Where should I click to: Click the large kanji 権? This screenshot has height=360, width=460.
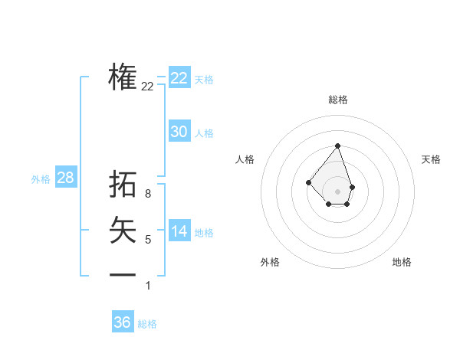point(123,77)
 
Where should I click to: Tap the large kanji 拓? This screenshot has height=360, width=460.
point(123,185)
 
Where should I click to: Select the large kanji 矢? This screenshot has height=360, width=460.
point(123,230)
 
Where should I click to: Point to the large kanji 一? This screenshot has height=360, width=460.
point(123,274)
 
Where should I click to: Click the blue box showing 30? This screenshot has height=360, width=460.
point(179,132)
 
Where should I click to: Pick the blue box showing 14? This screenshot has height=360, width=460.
point(179,231)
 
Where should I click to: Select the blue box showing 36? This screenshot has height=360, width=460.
point(123,322)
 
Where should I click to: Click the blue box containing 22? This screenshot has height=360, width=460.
point(179,78)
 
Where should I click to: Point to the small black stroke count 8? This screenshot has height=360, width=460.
point(148,194)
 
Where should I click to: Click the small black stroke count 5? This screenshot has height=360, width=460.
point(148,240)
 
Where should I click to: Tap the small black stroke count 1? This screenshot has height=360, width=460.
point(148,286)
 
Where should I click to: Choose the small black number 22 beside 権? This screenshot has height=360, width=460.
point(148,87)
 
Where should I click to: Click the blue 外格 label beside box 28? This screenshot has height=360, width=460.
point(41,179)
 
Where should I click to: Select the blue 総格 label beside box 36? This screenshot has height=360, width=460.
point(147,324)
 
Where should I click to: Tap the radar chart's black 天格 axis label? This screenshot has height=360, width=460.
point(431,159)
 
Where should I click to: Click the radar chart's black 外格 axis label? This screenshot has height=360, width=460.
point(270,262)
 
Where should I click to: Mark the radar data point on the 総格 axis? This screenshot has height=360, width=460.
point(337,146)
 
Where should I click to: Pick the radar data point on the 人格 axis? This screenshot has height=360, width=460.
point(308,182)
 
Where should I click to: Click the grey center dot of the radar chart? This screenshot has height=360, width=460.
point(337,191)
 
